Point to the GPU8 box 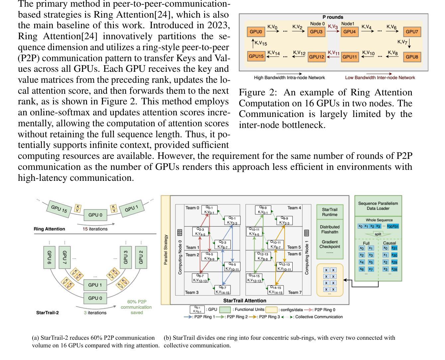(x=411, y=57)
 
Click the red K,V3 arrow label (x=333, y=27)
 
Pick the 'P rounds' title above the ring (x=333, y=17)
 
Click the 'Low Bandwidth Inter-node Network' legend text (x=380, y=78)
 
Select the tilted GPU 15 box (x=59, y=209)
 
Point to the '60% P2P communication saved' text (x=136, y=307)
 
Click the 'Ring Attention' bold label (x=49, y=229)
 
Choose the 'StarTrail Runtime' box (x=330, y=212)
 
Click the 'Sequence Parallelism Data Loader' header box (x=378, y=206)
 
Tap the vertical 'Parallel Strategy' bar (x=165, y=250)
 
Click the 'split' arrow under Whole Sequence (x=378, y=234)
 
